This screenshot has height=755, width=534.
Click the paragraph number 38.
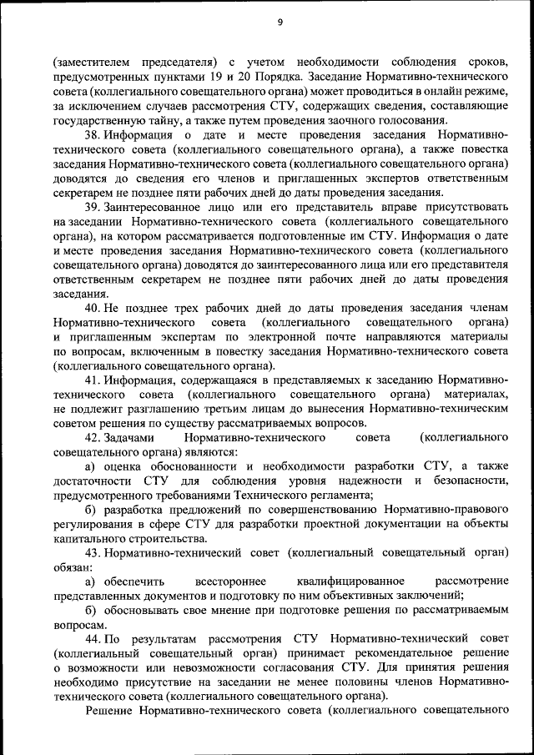point(93,135)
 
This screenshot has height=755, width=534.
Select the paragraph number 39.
point(93,207)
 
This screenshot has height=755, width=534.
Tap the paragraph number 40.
point(93,308)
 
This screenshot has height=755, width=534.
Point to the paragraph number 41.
point(93,380)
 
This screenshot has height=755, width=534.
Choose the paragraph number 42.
point(93,438)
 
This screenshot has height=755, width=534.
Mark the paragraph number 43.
point(93,552)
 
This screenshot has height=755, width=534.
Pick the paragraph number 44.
point(93,638)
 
